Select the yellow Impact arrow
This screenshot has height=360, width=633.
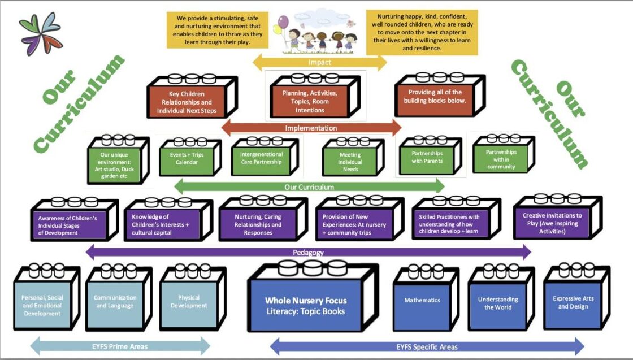[x=319, y=62]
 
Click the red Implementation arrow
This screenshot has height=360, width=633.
[x=311, y=128]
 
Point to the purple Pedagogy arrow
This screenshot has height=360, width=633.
[x=308, y=252]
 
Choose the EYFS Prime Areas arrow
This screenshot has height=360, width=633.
[x=119, y=346]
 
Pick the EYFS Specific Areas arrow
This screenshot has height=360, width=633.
[x=427, y=346]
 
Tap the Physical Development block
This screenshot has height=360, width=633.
[x=189, y=303]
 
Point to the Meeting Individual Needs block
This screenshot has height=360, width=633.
[x=350, y=162]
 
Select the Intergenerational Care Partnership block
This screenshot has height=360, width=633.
[x=261, y=159]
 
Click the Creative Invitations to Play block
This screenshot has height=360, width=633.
[x=545, y=222]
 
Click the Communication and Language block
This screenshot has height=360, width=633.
[x=115, y=303]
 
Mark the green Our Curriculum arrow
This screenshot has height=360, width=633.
[x=309, y=186]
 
